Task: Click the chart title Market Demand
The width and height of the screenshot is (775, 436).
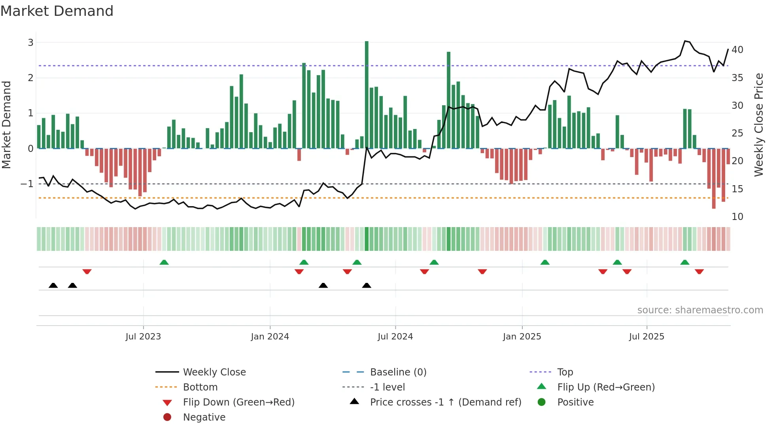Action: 57,11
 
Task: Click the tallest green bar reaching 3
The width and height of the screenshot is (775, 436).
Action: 367,95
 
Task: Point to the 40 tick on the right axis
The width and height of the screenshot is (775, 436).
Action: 737,50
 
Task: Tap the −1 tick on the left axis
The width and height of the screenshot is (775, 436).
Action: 27,184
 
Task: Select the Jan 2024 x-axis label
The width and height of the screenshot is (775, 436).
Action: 270,337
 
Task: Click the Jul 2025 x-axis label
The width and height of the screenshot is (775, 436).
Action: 646,337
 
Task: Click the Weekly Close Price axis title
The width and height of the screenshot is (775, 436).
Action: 758,125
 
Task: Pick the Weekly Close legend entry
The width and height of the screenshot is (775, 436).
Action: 214,372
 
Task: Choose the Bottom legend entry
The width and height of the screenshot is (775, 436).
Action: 200,387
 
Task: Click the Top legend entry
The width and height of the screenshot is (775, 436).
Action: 565,372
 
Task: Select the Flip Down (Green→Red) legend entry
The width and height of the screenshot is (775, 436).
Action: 238,402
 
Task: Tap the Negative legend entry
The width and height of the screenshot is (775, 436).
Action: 204,417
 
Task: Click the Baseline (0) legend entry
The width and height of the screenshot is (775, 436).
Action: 398,372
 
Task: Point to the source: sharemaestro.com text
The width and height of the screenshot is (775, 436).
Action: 700,310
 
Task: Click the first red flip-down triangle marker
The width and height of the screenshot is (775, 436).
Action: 87,271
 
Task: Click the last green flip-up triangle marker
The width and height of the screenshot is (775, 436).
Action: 685,262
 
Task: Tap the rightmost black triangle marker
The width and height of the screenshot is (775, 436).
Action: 367,285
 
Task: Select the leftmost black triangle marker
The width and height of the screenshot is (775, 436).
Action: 53,285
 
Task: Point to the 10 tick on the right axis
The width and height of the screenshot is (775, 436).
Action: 737,217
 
